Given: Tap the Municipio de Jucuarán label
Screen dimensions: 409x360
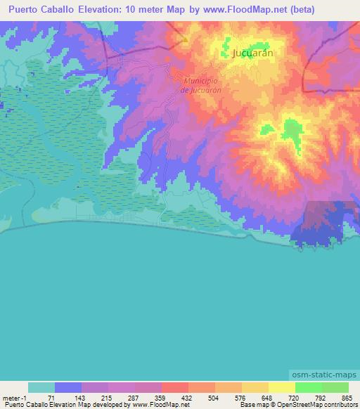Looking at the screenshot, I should pos(201,86).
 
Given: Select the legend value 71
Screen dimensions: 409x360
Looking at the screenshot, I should pos(51,397).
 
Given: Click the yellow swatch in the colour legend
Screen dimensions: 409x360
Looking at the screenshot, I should pos(281,387).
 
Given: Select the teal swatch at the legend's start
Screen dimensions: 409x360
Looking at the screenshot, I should pos(41,387).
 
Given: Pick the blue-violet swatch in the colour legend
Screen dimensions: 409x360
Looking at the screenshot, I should pos(68,387).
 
